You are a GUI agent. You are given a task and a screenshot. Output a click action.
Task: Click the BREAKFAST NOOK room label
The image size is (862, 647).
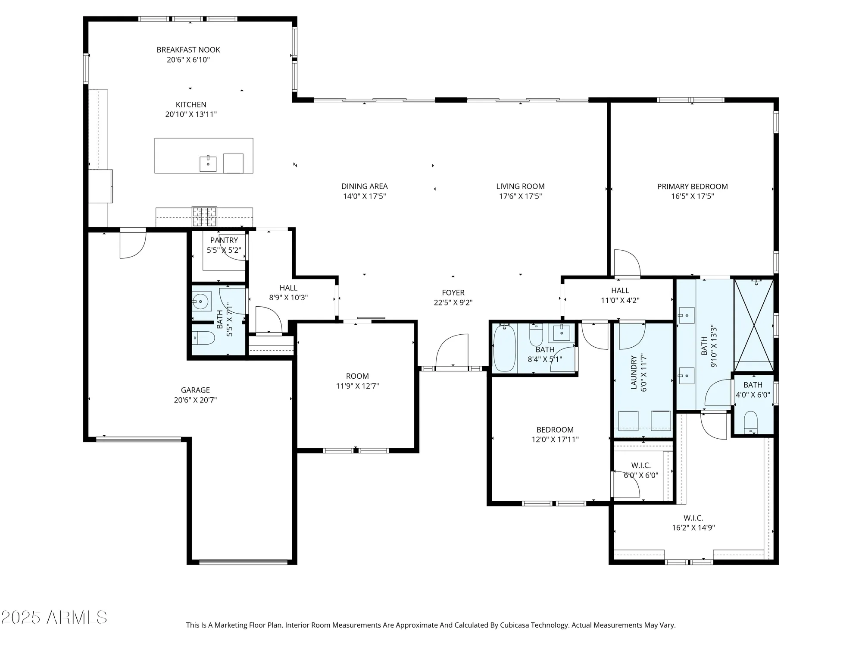pos(188,50)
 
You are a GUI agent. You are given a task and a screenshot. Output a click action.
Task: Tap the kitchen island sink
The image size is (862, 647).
pos(208,164)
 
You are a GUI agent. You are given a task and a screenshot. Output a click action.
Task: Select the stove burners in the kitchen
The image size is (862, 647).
pos(204,216)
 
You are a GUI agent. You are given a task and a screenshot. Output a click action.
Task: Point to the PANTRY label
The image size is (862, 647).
pos(224,240)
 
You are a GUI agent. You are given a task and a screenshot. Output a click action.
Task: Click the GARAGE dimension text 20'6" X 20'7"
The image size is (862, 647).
pos(195,400)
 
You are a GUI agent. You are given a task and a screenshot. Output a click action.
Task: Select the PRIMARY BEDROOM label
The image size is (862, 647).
pos(692,186)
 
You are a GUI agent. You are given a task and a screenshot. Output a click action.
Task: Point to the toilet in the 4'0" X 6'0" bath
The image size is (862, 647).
pos(751,422)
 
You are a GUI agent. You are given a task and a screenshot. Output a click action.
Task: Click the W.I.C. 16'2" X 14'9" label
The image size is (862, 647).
pos(693,523)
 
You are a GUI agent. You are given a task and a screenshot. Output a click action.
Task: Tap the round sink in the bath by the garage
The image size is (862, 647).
pos(200,302)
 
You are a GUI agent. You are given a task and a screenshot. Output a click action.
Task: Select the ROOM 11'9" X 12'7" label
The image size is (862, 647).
pos(357,381)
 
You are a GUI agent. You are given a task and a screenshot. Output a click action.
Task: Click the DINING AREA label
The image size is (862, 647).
pos(364,186)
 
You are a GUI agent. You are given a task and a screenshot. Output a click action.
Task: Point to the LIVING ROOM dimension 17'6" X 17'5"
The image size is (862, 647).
pos(520,196)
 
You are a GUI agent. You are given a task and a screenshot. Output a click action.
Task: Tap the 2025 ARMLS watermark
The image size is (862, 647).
pos(54,617)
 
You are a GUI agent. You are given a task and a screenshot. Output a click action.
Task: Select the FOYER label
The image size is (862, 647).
pos(453,292)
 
